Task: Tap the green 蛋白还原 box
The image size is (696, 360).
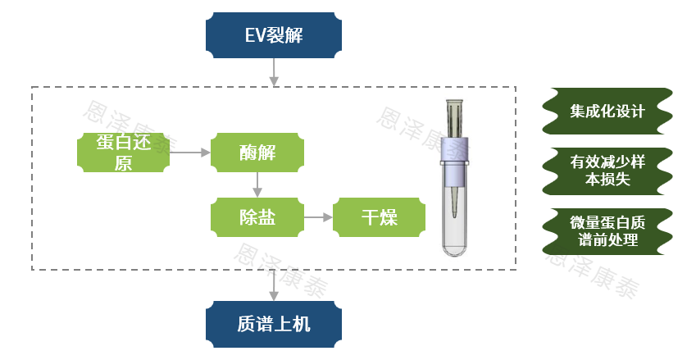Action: click(123, 153)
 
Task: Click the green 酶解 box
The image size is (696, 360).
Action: click(257, 153)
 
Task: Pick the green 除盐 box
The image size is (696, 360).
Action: click(257, 217)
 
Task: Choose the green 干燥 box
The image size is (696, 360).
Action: click(380, 217)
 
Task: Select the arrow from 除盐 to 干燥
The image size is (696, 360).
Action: click(318, 217)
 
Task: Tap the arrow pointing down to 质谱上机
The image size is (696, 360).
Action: click(274, 286)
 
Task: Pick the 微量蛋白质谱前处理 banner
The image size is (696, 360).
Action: click(607, 231)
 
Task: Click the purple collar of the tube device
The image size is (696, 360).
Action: click(456, 148)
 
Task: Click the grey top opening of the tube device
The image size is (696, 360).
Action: click(456, 107)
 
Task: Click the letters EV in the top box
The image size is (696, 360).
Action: click(254, 36)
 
